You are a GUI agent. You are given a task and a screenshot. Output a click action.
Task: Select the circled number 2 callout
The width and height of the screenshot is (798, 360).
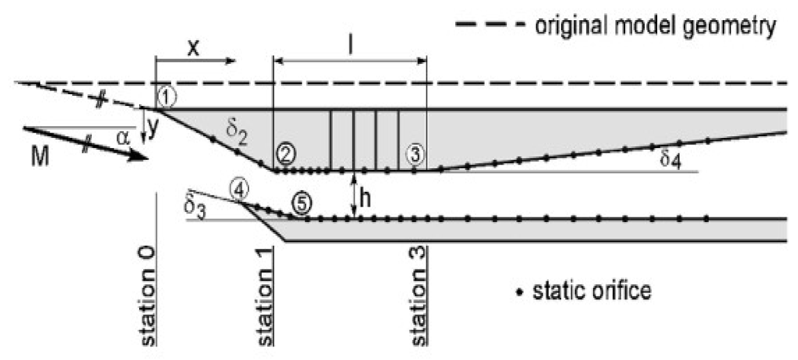(x=285, y=155)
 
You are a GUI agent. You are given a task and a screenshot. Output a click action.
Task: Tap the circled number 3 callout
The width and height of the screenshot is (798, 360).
(x=415, y=155)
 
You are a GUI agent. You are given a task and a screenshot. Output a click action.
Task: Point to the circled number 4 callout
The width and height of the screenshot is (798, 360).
(x=240, y=191)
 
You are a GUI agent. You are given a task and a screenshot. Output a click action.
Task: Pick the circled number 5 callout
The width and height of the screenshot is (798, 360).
(x=301, y=203)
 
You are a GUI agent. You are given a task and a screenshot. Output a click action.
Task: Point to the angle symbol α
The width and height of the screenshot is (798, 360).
(x=123, y=138)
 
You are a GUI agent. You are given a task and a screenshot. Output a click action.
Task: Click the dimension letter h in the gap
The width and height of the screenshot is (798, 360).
(x=367, y=200)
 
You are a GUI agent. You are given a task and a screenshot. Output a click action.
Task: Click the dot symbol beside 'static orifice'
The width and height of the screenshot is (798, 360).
(x=520, y=292)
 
